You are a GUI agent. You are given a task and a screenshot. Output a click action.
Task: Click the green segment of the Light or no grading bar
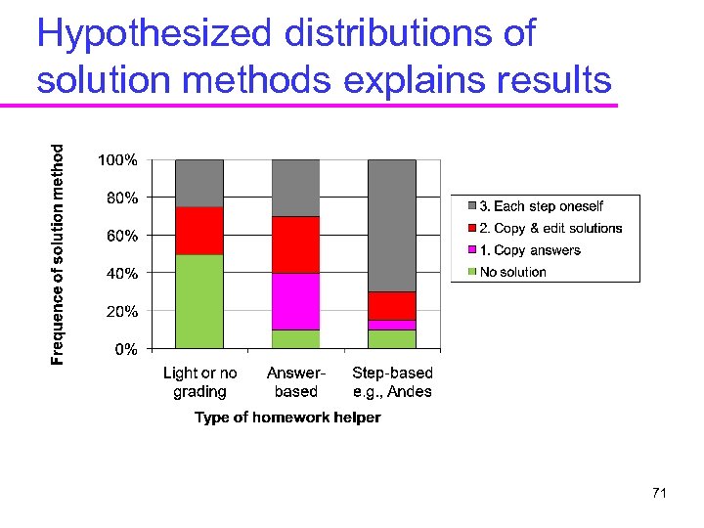click(199, 301)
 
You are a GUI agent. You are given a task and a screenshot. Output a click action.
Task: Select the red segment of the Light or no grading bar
click(199, 231)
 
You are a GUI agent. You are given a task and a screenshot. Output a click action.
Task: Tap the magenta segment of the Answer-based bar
click(295, 301)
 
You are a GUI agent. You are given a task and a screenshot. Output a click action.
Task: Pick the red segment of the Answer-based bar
click(295, 244)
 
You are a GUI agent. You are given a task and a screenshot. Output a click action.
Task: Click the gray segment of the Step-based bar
click(392, 225)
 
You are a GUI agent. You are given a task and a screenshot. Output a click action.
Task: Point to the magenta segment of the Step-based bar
click(392, 325)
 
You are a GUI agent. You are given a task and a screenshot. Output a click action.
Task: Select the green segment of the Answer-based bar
click(295, 338)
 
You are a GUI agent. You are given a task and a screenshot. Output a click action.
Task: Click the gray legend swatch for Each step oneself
click(472, 206)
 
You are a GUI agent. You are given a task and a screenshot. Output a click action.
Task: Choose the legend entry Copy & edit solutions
click(550, 228)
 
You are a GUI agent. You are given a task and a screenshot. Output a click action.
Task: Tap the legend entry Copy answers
click(529, 250)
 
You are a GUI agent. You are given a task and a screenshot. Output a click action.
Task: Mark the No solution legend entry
click(512, 272)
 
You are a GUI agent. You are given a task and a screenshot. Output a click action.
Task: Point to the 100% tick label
click(117, 159)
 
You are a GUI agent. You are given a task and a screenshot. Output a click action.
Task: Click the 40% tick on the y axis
click(121, 274)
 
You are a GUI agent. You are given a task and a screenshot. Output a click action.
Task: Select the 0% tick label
click(126, 349)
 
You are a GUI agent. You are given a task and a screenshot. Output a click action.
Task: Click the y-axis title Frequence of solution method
click(59, 254)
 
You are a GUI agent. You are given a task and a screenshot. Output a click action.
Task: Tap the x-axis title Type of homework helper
click(287, 418)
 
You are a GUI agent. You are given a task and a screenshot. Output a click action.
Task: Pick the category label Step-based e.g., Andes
click(392, 382)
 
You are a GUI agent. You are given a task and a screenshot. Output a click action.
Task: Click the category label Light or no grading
click(199, 382)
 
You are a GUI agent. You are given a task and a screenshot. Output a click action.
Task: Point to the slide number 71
click(659, 494)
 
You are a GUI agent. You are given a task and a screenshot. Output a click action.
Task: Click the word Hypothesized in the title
click(155, 34)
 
